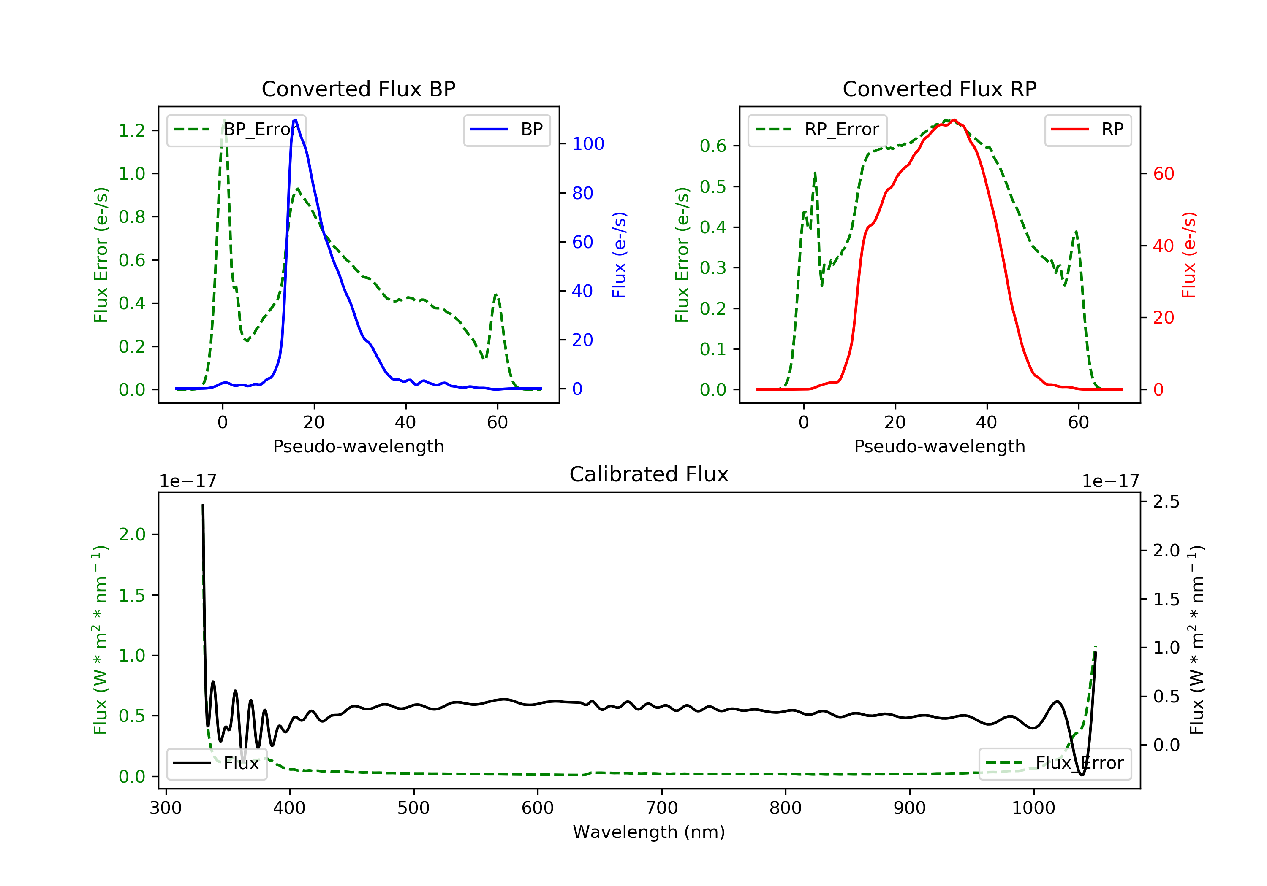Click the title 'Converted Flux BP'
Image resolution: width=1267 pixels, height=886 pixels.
pos(358,89)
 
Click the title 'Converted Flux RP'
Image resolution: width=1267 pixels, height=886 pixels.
pos(939,89)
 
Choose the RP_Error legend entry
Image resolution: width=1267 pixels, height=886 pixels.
pos(817,130)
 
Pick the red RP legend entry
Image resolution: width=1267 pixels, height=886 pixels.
pos(1088,130)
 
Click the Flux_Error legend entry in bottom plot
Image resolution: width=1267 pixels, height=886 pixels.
pos(1055,763)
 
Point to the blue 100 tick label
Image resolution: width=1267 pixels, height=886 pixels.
pos(588,144)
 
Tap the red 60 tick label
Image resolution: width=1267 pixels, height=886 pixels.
pos(1163,174)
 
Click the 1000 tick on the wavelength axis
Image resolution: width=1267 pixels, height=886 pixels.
pos(1033,808)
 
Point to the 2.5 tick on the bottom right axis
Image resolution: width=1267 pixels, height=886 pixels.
pos(1166,502)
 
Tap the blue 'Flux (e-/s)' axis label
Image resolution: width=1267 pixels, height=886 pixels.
pos(619,255)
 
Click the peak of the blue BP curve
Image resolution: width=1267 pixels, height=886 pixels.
pos(295,120)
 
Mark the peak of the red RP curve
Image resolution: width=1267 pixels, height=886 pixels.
pos(954,120)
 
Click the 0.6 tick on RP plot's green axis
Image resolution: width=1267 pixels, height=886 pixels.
pos(713,146)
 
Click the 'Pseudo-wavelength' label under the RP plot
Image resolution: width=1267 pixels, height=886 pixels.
pos(939,446)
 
